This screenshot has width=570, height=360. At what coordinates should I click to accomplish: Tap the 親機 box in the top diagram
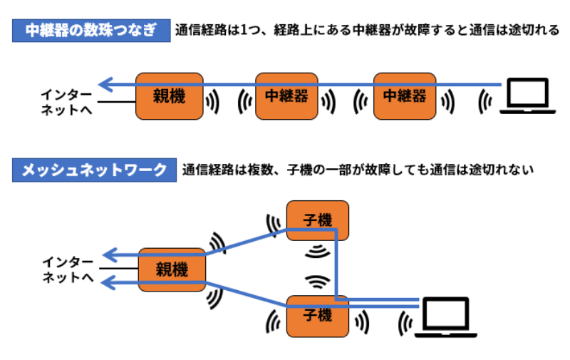(x=169, y=96)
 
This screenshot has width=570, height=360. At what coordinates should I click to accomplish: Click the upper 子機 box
(x=318, y=220)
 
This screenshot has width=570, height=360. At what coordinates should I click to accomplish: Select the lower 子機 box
(x=318, y=315)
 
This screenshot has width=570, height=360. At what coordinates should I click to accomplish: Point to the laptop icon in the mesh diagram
(x=445, y=317)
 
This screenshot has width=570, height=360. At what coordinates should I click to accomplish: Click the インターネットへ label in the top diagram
(x=67, y=102)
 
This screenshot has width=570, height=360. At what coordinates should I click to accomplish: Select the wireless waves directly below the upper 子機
(x=318, y=252)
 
